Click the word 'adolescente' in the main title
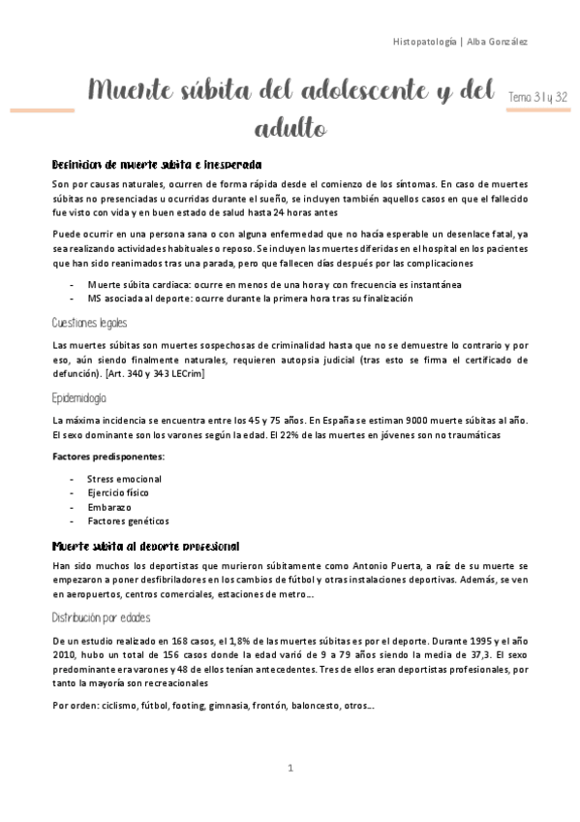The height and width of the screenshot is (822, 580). pyautogui.click(x=319, y=92)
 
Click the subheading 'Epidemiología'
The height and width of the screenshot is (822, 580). pyautogui.click(x=80, y=397)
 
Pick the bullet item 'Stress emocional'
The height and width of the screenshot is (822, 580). pyautogui.click(x=124, y=479)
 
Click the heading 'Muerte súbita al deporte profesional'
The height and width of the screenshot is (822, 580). pyautogui.click(x=145, y=547)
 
